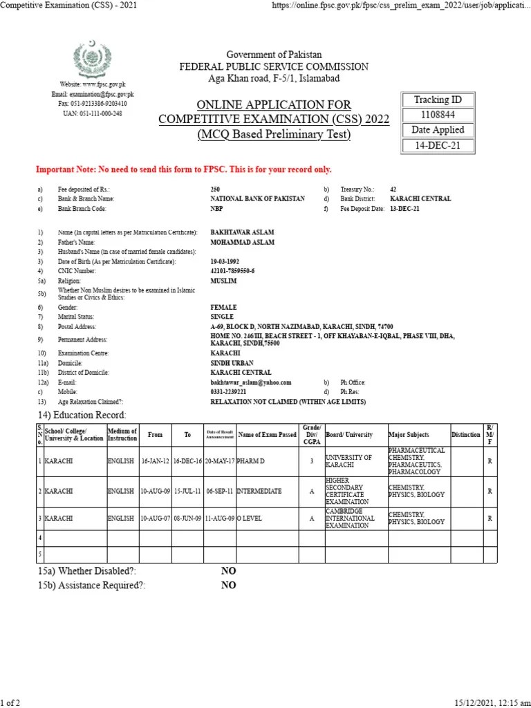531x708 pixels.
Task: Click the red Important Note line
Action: coord(183,169)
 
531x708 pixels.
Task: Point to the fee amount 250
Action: coord(215,189)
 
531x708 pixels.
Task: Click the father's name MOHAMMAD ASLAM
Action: coord(242,242)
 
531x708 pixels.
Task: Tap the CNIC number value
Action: coord(232,272)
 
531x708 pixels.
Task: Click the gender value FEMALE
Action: coord(223,307)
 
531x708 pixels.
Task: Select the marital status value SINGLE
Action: coord(223,316)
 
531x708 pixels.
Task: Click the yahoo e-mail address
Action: coord(250,382)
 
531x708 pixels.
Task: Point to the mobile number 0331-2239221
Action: coord(228,392)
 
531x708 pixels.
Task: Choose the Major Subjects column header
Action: coord(409,435)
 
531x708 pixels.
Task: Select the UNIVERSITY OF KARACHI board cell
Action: coord(349,461)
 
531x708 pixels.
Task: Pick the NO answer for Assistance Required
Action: coord(228,585)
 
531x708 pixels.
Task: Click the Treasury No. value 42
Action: coord(393,189)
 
